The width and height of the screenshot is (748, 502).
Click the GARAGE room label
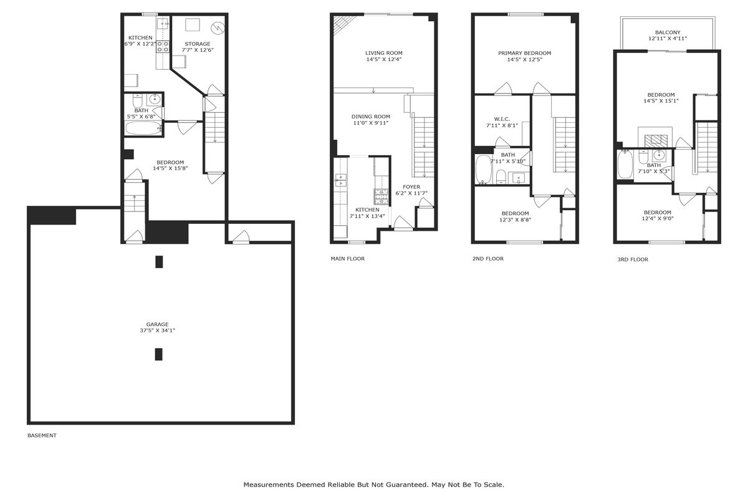157,324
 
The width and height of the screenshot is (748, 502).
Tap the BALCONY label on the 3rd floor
668,32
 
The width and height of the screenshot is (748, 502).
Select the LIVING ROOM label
384,53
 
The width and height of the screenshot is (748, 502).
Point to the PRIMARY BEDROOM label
525,53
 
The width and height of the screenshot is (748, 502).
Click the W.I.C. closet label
502,119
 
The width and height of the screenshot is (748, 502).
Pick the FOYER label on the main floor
411,186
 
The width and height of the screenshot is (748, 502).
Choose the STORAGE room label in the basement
198,44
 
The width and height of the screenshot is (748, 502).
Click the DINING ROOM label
371,117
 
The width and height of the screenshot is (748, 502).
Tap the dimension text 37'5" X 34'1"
157,331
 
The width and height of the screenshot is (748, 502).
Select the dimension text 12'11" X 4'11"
668,39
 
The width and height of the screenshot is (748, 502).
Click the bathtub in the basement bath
144,128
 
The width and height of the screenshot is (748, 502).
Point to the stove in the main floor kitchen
381,196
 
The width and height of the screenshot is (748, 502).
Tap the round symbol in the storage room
218,27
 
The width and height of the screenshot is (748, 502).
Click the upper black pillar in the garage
159,262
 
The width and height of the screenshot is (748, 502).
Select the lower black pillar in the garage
158,354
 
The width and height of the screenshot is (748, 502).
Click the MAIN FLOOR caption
348,259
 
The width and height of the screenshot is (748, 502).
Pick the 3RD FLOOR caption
633,259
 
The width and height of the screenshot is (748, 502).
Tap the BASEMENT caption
42,435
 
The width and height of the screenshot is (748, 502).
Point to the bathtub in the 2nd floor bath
482,170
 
